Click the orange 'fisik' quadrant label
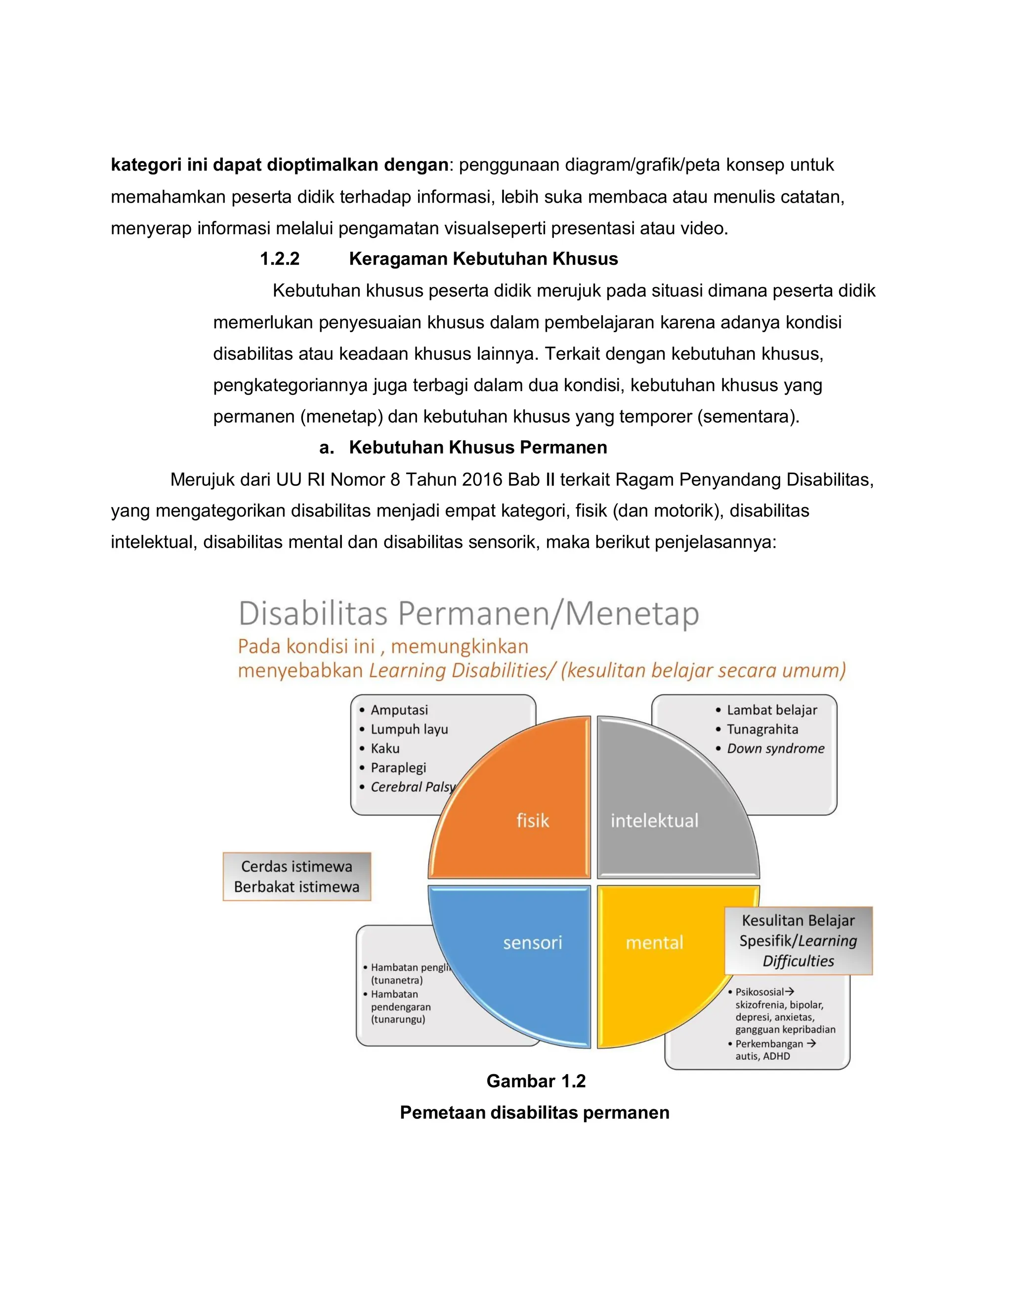532,820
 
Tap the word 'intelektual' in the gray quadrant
654,820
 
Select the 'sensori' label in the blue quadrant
532,942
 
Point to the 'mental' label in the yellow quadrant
654,942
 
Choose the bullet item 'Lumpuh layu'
409,729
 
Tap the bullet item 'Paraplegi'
398,767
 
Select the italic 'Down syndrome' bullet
775,748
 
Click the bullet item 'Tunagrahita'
762,729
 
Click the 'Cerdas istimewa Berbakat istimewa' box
297,876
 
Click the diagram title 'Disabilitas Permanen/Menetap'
469,613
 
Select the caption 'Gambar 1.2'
535,1081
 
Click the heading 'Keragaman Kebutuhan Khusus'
483,259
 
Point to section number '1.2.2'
279,259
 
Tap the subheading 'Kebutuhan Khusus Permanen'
478,447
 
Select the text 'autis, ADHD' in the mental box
762,1056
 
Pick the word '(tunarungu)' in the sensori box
398,1019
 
